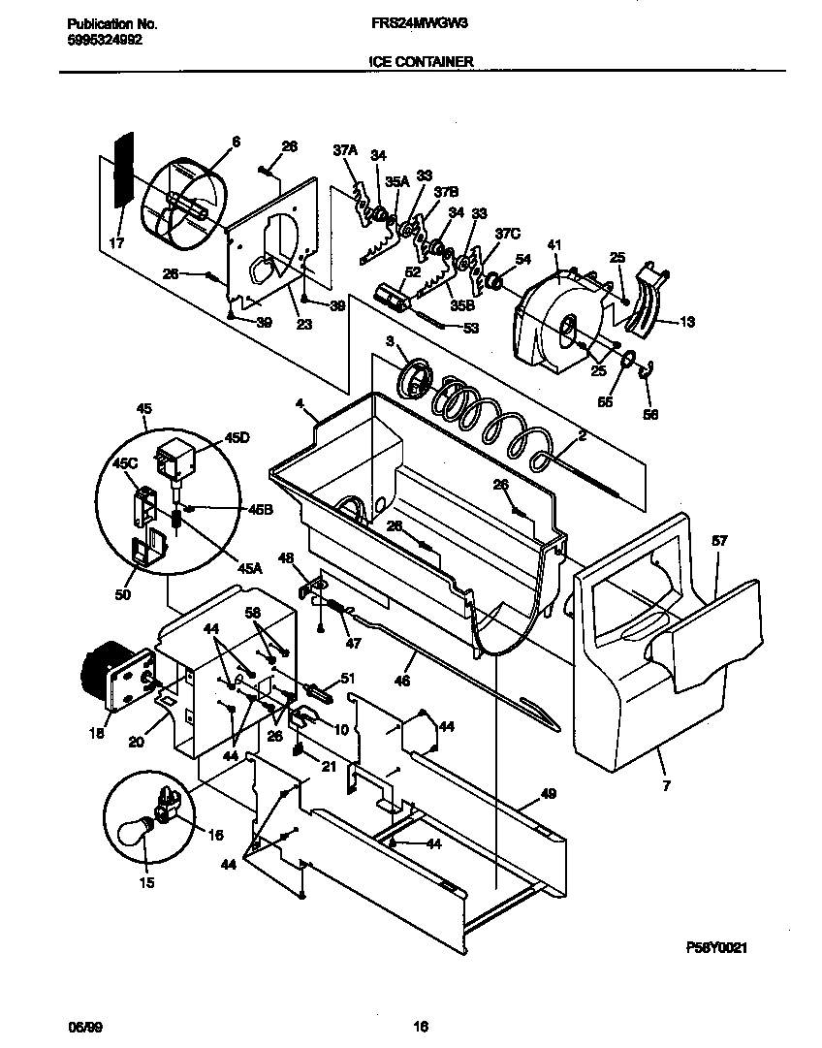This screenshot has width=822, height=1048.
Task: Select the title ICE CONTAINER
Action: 421,61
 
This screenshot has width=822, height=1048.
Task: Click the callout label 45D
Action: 237,438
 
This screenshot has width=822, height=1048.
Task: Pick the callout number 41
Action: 554,246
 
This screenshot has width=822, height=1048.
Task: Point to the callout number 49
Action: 548,793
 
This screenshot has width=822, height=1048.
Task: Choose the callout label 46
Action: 402,681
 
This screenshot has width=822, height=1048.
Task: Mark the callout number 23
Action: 303,325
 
